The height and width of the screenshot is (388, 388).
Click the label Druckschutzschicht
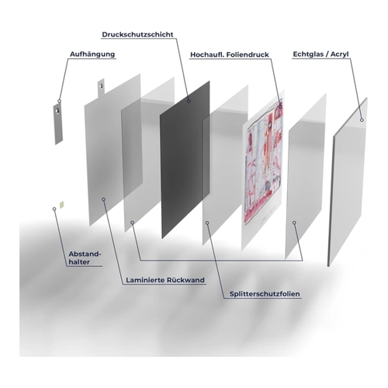click(137, 34)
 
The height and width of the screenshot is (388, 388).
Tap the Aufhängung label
click(92, 54)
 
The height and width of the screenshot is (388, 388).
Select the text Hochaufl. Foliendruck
click(230, 54)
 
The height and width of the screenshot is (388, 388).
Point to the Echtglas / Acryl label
click(320, 54)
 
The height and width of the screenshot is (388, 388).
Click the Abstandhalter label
click(85, 258)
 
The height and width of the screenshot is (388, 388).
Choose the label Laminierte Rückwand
click(165, 280)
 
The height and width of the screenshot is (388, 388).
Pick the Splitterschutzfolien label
click(265, 294)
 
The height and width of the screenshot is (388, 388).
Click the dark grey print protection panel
click(185, 159)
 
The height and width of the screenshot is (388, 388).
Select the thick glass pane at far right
click(348, 182)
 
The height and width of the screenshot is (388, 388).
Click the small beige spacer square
click(61, 205)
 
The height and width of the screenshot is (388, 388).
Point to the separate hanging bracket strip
click(58, 124)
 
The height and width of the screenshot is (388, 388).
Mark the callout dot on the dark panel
click(189, 101)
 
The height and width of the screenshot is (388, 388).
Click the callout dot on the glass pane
click(362, 120)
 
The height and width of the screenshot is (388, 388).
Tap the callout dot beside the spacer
click(54, 209)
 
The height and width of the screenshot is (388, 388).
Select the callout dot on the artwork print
click(280, 106)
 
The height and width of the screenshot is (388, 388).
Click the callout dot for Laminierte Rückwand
click(103, 199)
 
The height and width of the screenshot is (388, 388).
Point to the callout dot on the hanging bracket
click(60, 101)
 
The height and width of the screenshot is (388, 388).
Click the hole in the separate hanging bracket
click(57, 111)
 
